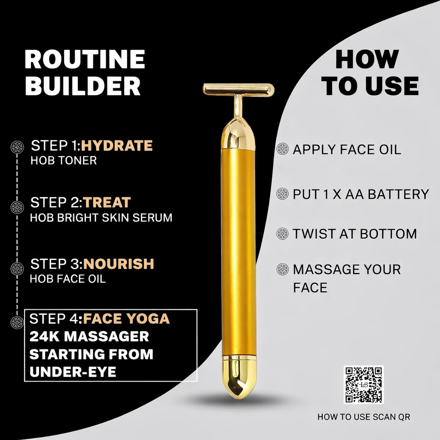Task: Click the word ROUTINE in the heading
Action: click(85, 59)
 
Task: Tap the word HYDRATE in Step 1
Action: click(117, 146)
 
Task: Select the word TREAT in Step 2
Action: click(107, 202)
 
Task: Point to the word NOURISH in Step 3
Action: click(119, 263)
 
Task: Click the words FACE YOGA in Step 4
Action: click(126, 319)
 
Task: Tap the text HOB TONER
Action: click(64, 161)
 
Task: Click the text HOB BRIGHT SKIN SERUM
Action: click(101, 217)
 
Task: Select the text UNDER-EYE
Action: click(73, 372)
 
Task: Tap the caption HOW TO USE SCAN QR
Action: click(364, 417)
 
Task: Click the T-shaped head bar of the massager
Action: click(238, 89)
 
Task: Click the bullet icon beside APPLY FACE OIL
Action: click(282, 149)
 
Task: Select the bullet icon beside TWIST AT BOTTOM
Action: click(282, 234)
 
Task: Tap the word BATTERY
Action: click(397, 194)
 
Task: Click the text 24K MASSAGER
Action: click(89, 336)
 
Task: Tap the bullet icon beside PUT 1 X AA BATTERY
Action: click(282, 194)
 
